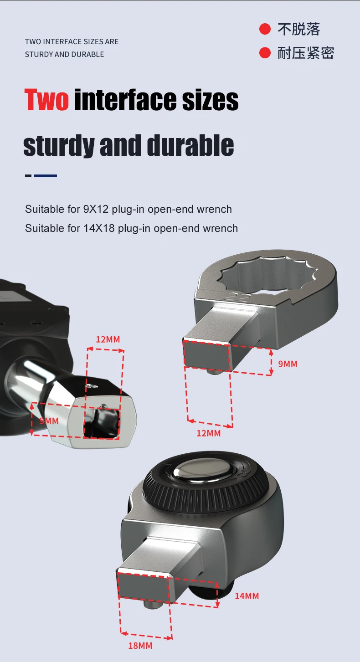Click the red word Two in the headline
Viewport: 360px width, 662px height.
[x=46, y=100]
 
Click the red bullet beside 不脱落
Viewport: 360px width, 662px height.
[x=265, y=29]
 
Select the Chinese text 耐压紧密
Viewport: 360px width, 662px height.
[x=306, y=53]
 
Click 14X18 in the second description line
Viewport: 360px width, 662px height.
[x=99, y=228]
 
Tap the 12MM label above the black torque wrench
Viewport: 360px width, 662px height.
[x=108, y=339]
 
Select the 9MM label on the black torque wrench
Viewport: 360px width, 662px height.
[x=49, y=421]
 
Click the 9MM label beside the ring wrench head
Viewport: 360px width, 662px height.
[x=288, y=364]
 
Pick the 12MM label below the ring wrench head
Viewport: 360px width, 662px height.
[x=208, y=433]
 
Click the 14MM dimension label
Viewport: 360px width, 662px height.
[x=247, y=596]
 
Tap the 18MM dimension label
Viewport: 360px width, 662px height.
[x=140, y=646]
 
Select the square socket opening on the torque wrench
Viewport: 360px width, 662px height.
[x=103, y=421]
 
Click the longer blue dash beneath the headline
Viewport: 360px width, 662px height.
[x=46, y=175]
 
